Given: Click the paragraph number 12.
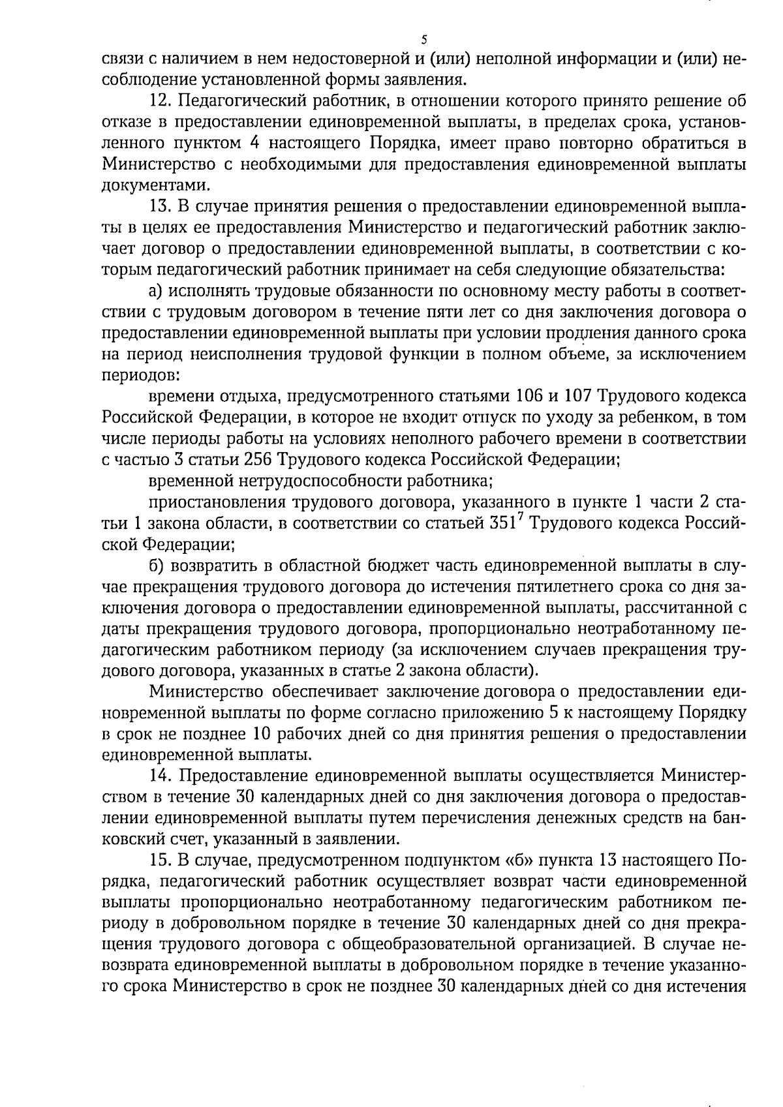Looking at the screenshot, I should click(x=161, y=101).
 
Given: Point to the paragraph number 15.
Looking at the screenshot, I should click(x=161, y=860).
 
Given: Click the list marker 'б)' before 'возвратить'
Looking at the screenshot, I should click(x=157, y=565).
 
